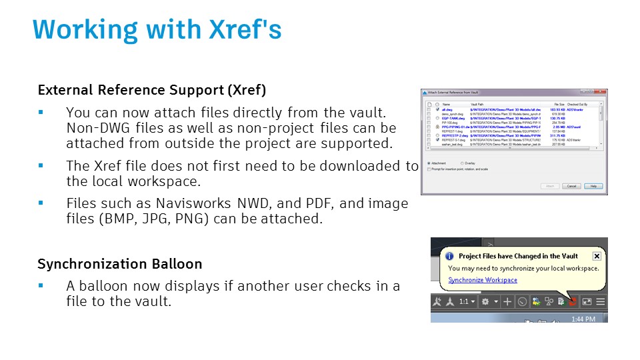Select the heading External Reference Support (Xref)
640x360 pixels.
(x=151, y=90)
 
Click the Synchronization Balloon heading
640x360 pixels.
(x=120, y=264)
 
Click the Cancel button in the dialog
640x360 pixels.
(x=571, y=186)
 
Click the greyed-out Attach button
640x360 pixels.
(x=549, y=186)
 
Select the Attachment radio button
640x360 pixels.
(x=428, y=163)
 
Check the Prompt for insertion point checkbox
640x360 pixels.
(x=428, y=169)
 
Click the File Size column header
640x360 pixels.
(x=559, y=105)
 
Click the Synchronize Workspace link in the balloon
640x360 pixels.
(x=482, y=280)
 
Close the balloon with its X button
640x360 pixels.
(x=597, y=256)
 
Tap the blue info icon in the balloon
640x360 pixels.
(x=449, y=256)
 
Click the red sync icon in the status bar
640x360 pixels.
(x=572, y=302)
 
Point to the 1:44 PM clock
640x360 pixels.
(x=583, y=318)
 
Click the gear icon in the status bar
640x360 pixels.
(x=485, y=302)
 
